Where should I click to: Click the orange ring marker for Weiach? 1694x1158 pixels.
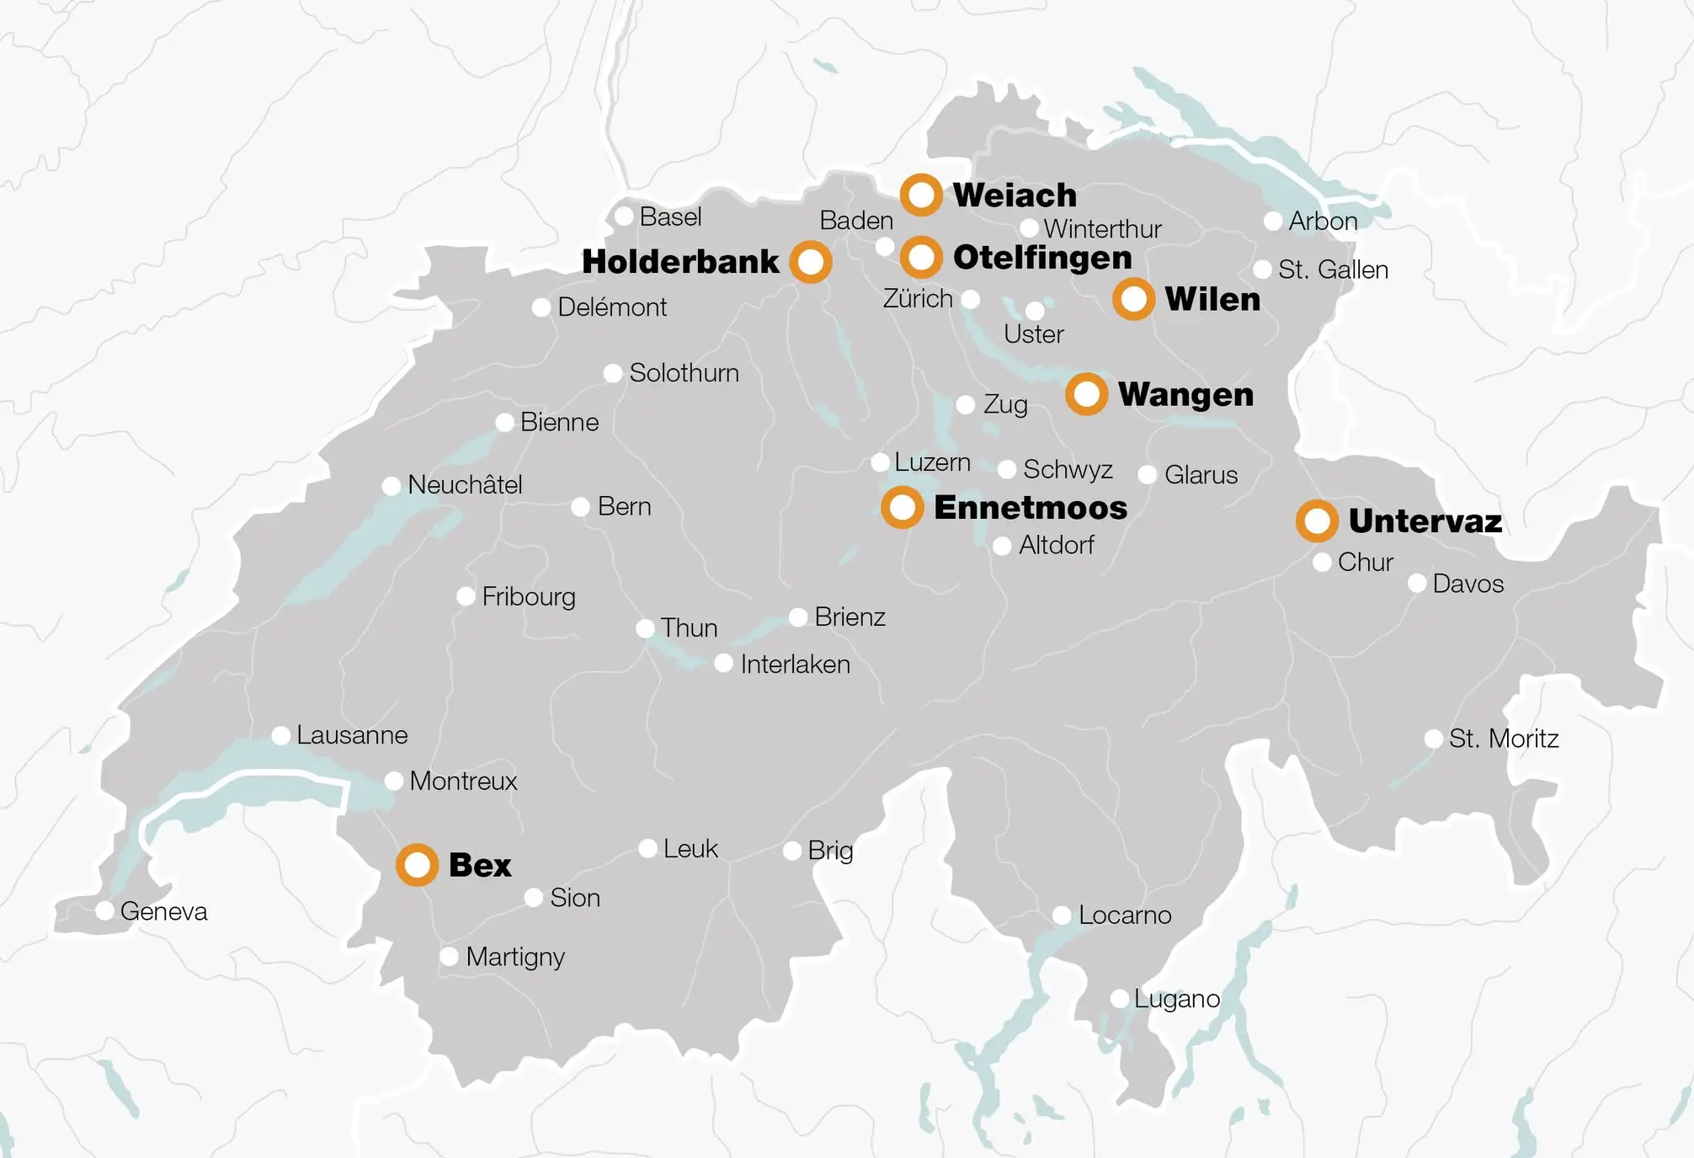(921, 195)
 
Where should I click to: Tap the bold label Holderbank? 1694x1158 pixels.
(680, 262)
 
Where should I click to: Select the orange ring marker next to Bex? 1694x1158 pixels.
(417, 864)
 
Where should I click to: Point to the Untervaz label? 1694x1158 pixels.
(1425, 520)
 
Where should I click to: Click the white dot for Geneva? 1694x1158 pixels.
(104, 910)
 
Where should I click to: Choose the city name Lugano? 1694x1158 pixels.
(1176, 999)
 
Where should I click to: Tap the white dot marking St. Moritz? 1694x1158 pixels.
(1433, 739)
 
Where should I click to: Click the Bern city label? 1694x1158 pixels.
(624, 506)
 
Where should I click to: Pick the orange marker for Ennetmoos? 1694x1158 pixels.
(902, 507)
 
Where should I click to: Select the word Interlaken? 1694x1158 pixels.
(795, 664)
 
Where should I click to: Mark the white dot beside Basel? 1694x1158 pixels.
(624, 216)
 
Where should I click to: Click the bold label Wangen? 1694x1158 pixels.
(1185, 394)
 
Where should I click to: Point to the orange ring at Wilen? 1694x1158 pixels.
(1133, 299)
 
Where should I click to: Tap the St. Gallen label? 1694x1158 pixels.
(1333, 269)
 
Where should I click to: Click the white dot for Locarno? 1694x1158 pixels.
(1062, 915)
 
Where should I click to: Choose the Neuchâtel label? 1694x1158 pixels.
(465, 484)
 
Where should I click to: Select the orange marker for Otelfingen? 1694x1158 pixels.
(921, 257)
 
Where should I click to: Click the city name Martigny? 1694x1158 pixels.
(514, 957)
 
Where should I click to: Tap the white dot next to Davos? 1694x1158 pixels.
(1417, 583)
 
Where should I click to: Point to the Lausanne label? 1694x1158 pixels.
(352, 735)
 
